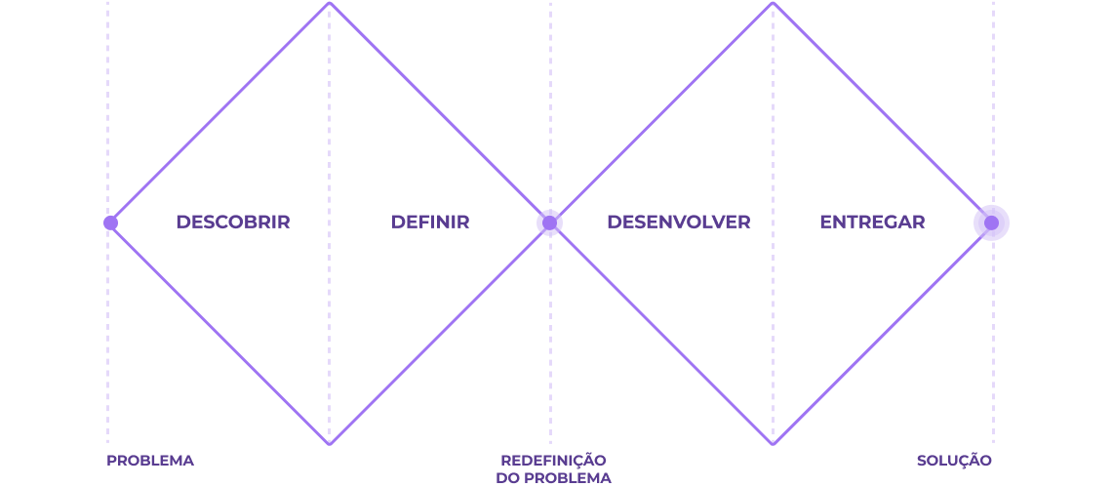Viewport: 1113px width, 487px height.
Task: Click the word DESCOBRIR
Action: [233, 223]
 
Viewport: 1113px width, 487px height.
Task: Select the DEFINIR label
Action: [430, 223]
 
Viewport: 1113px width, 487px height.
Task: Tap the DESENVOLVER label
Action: [679, 223]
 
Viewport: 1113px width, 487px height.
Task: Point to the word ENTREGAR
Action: [872, 223]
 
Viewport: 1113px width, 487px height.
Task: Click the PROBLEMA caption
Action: [150, 461]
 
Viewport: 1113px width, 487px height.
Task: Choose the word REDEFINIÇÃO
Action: [554, 460]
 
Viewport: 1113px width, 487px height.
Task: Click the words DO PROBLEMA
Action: [554, 478]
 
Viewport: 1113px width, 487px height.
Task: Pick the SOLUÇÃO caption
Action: [954, 461]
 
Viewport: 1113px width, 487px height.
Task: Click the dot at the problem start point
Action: [110, 223]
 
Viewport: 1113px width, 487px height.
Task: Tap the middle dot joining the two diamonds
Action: [549, 223]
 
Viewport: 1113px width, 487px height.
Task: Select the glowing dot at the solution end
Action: [992, 223]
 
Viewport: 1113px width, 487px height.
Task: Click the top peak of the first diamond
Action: [330, 4]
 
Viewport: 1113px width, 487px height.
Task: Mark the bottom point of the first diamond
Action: [330, 444]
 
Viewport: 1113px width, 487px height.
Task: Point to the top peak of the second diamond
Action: [773, 4]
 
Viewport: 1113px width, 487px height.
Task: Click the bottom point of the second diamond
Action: [773, 444]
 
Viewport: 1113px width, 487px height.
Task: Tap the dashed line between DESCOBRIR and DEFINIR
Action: [330, 223]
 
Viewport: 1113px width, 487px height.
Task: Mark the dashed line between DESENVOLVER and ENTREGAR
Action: [773, 223]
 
